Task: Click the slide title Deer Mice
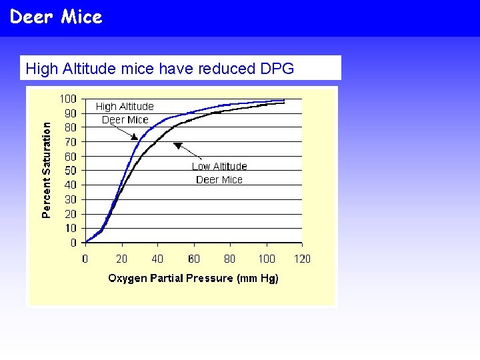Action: pos(56,17)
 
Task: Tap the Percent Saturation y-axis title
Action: pos(46,169)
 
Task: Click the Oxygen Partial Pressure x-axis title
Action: pos(193,278)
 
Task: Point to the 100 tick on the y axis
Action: pos(68,99)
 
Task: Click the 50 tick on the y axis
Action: pos(70,171)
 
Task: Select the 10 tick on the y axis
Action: pos(70,229)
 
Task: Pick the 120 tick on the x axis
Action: pos(302,259)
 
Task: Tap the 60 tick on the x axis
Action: pos(193,259)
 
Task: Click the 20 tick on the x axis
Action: pos(121,259)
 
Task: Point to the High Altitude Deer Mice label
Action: pos(125,113)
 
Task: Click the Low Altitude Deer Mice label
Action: pos(219,173)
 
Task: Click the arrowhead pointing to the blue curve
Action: pos(134,136)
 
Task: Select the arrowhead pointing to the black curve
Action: pos(177,145)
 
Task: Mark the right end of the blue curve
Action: pos(284,100)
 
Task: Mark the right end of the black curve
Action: pos(284,103)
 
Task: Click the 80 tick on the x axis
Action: pos(229,259)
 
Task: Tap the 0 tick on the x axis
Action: pos(85,259)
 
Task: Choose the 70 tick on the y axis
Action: pos(70,142)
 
